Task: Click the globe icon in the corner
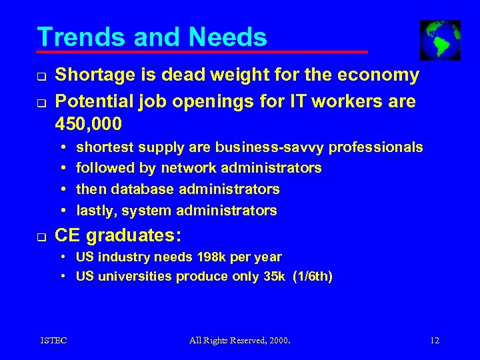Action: [x=440, y=40]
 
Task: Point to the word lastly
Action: [x=96, y=211]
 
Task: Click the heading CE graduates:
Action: [x=119, y=236]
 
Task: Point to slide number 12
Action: [x=435, y=341]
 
